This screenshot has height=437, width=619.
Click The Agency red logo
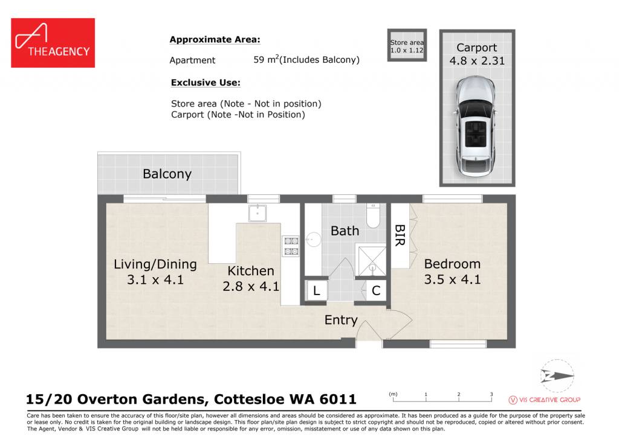click(x=53, y=43)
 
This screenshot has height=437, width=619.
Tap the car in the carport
click(x=476, y=126)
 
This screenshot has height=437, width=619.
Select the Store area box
click(x=407, y=45)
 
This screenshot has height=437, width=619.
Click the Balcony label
click(x=167, y=174)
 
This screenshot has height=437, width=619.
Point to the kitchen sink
click(x=258, y=213)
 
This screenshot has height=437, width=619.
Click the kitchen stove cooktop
click(x=291, y=246)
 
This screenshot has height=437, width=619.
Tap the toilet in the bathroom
click(x=373, y=215)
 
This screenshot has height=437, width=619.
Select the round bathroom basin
click(x=314, y=240)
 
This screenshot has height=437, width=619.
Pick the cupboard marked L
click(x=317, y=291)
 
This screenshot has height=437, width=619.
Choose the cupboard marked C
click(x=376, y=291)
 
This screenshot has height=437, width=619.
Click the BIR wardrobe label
click(x=400, y=235)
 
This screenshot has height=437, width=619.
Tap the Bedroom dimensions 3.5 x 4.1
click(x=452, y=279)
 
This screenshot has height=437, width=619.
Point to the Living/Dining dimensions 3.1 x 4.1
click(x=155, y=280)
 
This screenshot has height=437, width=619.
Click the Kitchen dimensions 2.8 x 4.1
click(x=251, y=287)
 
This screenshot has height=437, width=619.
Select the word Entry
click(x=341, y=321)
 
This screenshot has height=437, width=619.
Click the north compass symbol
click(x=557, y=375)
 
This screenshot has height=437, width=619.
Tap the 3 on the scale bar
click(x=491, y=394)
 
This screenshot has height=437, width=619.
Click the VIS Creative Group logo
click(x=545, y=400)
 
